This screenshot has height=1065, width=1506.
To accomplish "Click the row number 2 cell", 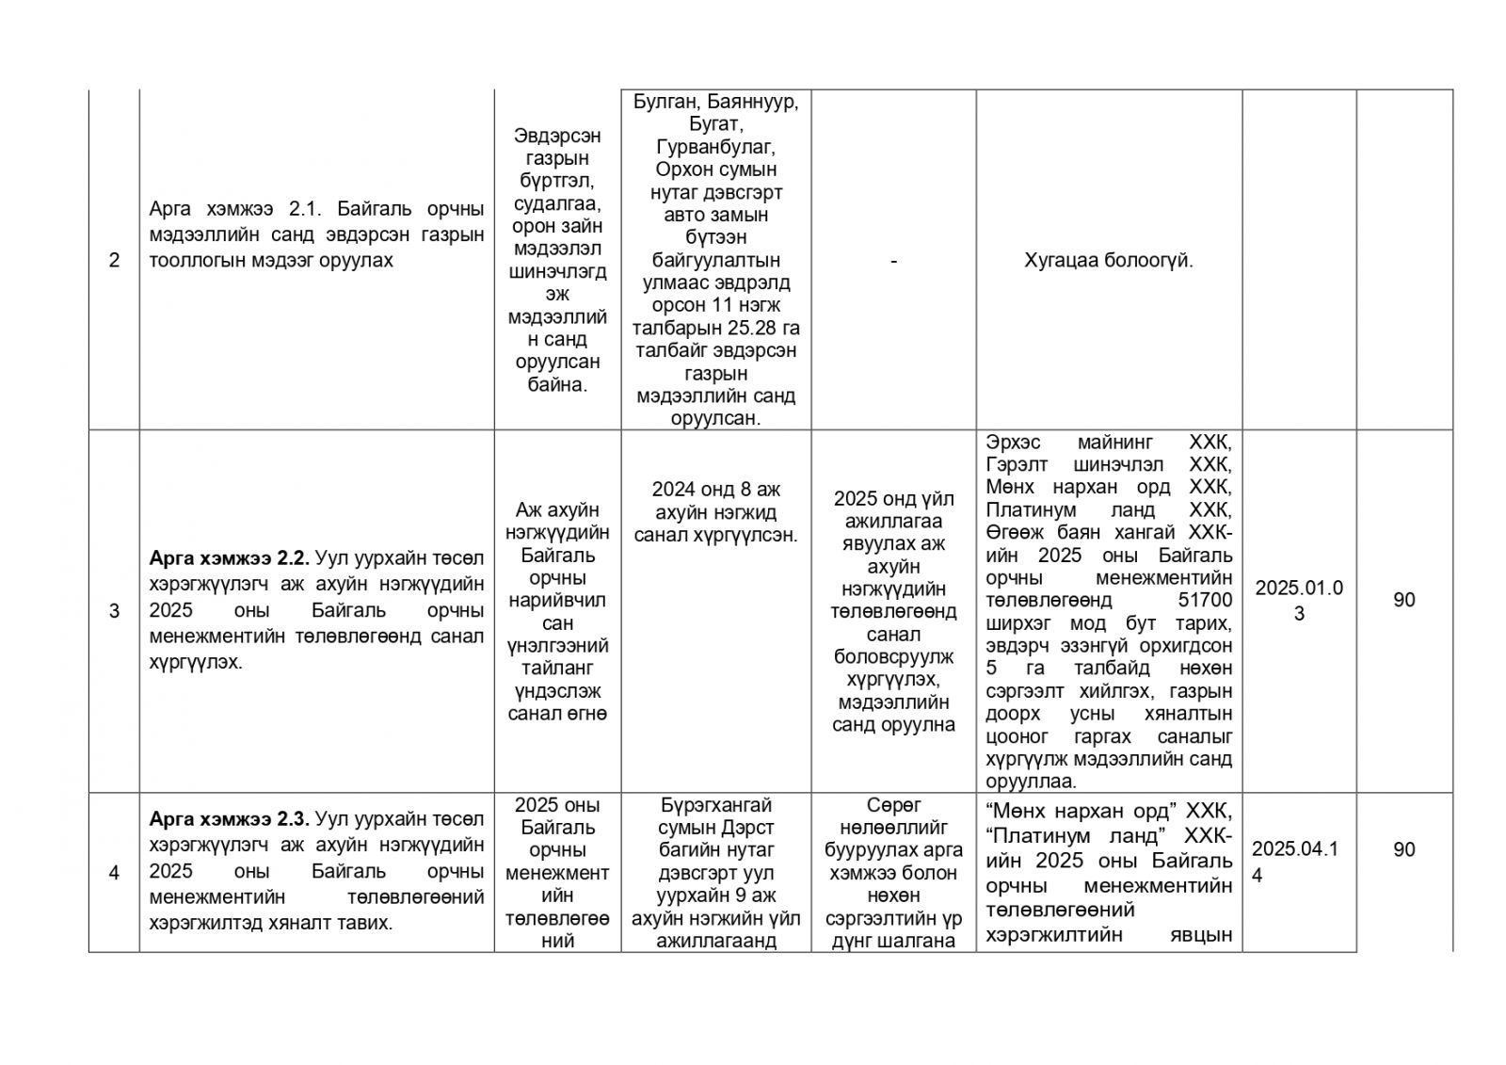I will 114,260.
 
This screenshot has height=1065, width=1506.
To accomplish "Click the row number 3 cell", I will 114,611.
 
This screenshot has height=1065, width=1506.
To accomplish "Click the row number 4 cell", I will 114,873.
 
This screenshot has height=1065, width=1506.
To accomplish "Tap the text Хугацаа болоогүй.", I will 1108,261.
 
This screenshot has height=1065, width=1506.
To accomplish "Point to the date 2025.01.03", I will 1298,600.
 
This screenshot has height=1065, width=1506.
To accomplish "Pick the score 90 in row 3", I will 1403,600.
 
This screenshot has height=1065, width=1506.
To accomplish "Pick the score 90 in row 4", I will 1403,849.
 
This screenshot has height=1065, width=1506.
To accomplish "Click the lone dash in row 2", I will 893,261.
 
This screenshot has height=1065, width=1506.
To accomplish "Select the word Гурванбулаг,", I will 715,147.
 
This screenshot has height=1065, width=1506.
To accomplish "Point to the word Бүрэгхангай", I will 715,805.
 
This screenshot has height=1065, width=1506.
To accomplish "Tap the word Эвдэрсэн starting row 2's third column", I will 557,136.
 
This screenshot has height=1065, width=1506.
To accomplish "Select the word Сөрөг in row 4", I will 893,805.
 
